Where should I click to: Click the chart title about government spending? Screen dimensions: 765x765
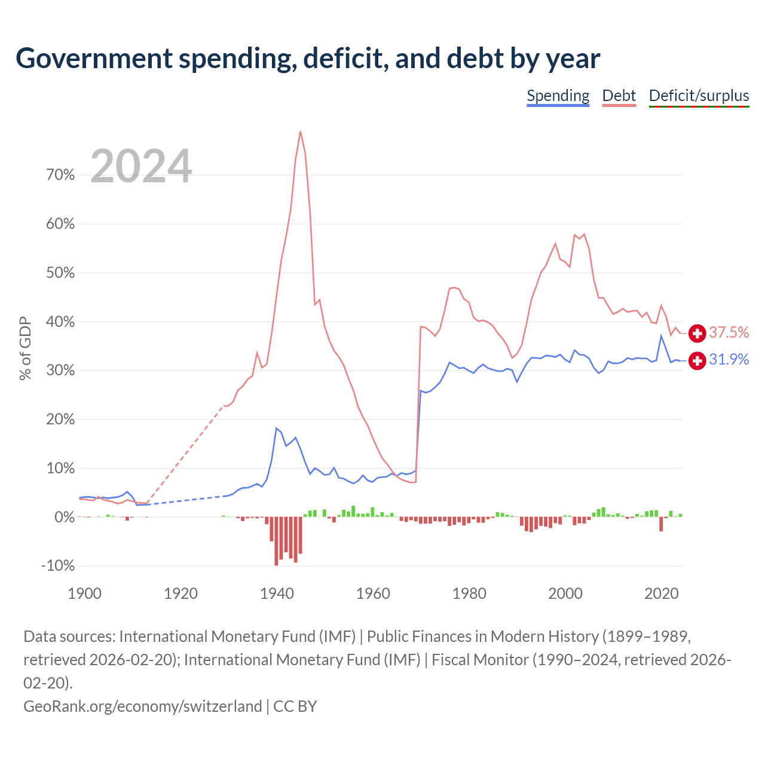pyautogui.click(x=308, y=59)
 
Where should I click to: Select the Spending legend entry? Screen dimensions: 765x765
pyautogui.click(x=558, y=96)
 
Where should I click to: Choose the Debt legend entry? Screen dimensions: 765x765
pyautogui.click(x=619, y=96)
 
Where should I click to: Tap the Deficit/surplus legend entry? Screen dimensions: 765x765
pyautogui.click(x=699, y=96)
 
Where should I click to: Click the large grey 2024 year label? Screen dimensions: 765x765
pyautogui.click(x=141, y=166)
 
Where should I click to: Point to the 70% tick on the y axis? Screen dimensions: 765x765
pyautogui.click(x=60, y=175)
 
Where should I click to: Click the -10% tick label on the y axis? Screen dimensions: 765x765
pyautogui.click(x=58, y=566)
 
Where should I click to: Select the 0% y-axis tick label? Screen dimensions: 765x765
pyautogui.click(x=65, y=517)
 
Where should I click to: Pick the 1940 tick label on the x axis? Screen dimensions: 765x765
pyautogui.click(x=277, y=593)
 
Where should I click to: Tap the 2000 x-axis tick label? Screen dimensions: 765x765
pyautogui.click(x=565, y=593)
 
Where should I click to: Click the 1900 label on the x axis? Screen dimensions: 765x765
pyautogui.click(x=84, y=593)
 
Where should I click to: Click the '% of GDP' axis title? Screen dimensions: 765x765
pyautogui.click(x=25, y=348)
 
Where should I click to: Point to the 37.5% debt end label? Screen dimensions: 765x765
pyautogui.click(x=729, y=332)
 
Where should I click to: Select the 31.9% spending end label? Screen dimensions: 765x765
pyautogui.click(x=729, y=359)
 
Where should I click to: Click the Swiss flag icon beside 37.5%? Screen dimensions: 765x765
pyautogui.click(x=697, y=333)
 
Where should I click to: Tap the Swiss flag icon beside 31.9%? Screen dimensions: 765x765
pyautogui.click(x=697, y=360)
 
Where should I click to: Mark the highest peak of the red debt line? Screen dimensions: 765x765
pyautogui.click(x=301, y=132)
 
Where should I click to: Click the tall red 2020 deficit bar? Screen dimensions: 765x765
pyautogui.click(x=662, y=524)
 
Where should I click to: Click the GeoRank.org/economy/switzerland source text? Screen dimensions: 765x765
pyautogui.click(x=142, y=706)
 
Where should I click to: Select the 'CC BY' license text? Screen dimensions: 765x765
pyautogui.click(x=295, y=706)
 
